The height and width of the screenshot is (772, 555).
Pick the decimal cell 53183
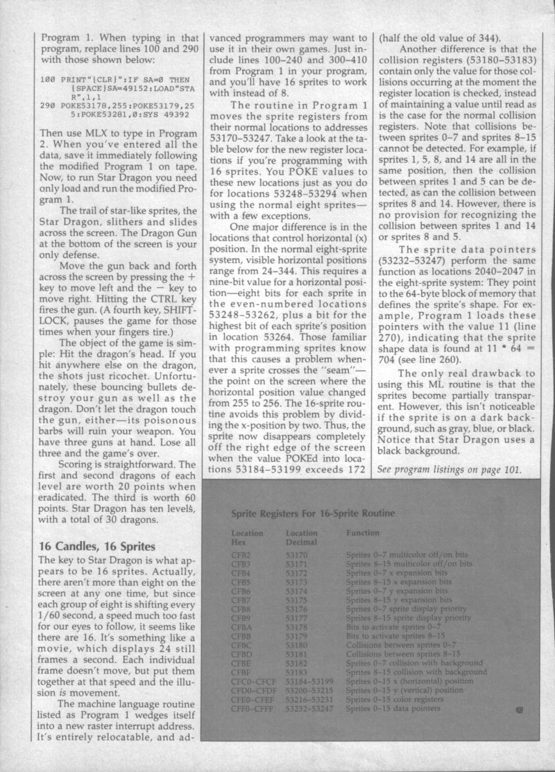coord(299,671)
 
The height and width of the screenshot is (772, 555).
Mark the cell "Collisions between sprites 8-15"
coord(393,654)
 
